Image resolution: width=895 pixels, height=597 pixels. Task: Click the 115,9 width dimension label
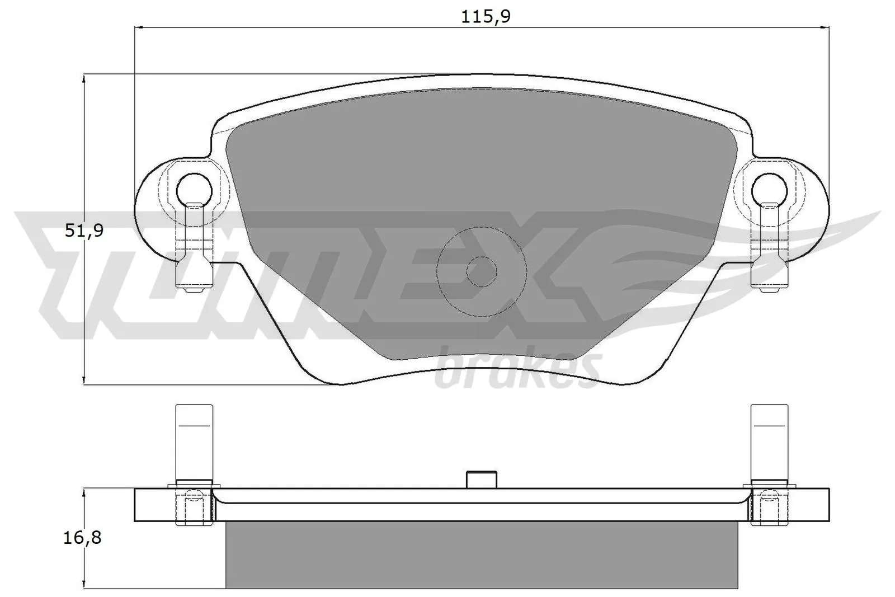(486, 17)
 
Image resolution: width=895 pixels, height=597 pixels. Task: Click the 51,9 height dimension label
(84, 230)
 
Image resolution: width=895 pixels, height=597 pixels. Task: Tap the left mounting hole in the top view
(194, 190)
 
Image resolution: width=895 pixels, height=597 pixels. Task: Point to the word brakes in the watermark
(517, 369)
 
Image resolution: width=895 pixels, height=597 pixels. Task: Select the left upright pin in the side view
(194, 442)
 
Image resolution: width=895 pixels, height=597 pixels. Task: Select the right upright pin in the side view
(769, 442)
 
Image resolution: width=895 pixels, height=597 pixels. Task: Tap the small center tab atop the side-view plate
(481, 480)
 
